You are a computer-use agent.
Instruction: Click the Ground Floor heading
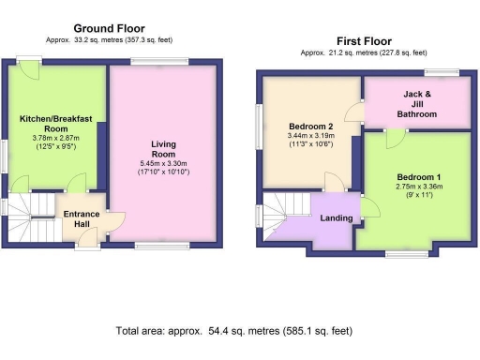[109, 29]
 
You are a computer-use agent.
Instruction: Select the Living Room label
[164, 149]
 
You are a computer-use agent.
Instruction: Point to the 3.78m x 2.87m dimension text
[56, 141]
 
